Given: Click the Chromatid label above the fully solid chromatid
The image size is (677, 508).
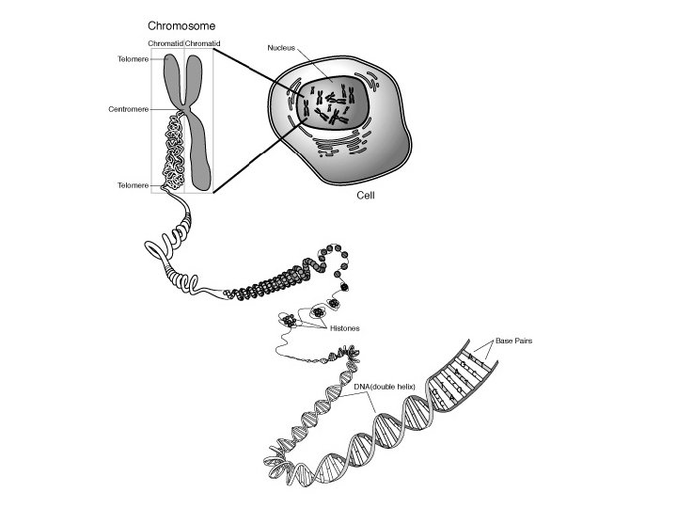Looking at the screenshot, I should tap(203, 43).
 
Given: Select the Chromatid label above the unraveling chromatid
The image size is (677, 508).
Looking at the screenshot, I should tap(165, 43).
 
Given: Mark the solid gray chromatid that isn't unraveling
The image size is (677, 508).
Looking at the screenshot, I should tap(199, 141).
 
